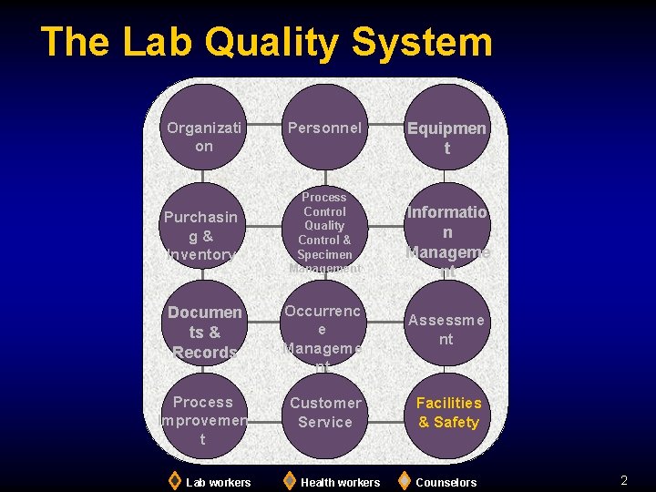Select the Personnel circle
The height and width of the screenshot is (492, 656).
324,128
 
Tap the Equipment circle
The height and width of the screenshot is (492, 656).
446,128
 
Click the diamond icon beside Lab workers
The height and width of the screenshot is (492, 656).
174,481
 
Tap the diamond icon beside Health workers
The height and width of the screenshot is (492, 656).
289,481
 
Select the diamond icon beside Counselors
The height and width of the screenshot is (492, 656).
405,481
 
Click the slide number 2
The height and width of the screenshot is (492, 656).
624,480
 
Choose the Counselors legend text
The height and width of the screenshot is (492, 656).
446,482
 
